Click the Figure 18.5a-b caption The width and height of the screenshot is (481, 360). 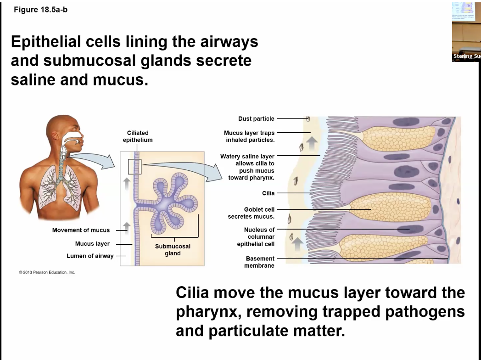pos(40,10)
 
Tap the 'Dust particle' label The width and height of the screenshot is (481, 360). pos(256,118)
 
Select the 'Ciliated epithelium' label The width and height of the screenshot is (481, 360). pos(137,136)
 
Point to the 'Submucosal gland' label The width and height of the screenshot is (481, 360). pos(173,250)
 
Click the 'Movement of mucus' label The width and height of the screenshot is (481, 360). pos(81,230)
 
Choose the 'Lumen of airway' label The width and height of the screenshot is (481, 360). pos(90,256)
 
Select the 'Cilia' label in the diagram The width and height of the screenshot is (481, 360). pos(268,193)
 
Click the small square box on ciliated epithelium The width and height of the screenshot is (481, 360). pos(135,167)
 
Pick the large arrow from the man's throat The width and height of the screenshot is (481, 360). pos(92,161)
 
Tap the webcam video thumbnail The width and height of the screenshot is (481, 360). pos(466,31)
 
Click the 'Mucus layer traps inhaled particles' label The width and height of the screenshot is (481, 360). pos(250,136)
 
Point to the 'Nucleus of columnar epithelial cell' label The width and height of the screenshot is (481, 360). pos(259,236)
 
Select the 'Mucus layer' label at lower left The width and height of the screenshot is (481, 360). pos(92,244)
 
